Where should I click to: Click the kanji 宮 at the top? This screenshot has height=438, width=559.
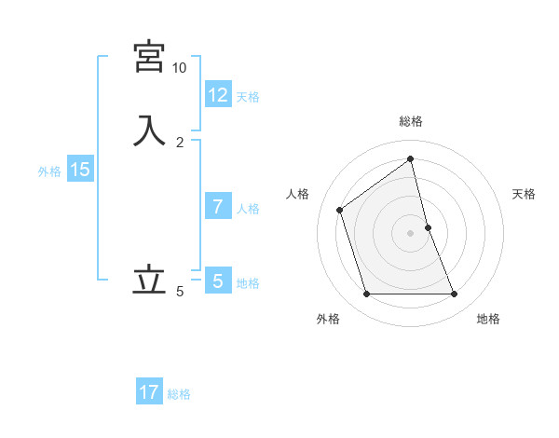pyautogui.click(x=150, y=56)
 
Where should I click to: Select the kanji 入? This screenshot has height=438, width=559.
pyautogui.click(x=150, y=130)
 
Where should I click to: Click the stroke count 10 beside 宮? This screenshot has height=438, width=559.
pyautogui.click(x=179, y=68)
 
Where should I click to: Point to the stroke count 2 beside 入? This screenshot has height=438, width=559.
pyautogui.click(x=180, y=143)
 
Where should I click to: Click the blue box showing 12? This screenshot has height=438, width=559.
pyautogui.click(x=218, y=94)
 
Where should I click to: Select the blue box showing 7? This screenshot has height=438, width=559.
pyautogui.click(x=218, y=207)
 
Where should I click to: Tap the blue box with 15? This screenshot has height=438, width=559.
pyautogui.click(x=80, y=170)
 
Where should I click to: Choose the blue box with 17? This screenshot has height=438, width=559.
pyautogui.click(x=149, y=392)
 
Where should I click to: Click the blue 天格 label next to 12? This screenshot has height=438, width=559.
pyautogui.click(x=248, y=96)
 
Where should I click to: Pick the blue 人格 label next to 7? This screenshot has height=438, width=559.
pyautogui.click(x=248, y=209)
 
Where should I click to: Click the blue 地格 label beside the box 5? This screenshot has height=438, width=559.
pyautogui.click(x=248, y=283)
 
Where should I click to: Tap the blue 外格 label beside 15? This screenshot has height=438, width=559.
pyautogui.click(x=49, y=171)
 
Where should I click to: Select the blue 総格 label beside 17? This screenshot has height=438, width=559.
pyautogui.click(x=179, y=394)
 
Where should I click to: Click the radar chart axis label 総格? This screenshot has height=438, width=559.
pyautogui.click(x=411, y=121)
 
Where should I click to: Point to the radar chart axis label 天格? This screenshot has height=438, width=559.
pyautogui.click(x=525, y=194)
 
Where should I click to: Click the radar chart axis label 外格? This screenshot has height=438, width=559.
pyautogui.click(x=328, y=319)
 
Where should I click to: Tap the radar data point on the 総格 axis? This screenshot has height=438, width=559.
pyautogui.click(x=411, y=158)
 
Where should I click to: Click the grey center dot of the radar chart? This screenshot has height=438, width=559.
pyautogui.click(x=411, y=232)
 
